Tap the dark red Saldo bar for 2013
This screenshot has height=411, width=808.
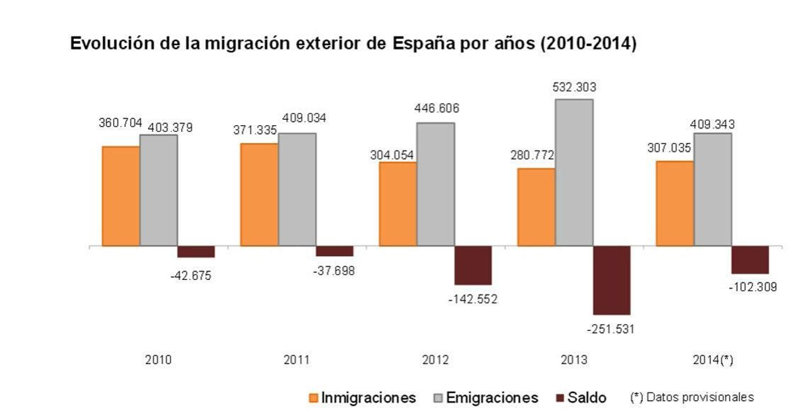pyautogui.click(x=612, y=280)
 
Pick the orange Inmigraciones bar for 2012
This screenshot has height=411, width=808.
pyautogui.click(x=397, y=204)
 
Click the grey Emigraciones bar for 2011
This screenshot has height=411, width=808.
pyautogui.click(x=297, y=189)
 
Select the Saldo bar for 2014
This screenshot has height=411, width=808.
pyautogui.click(x=750, y=260)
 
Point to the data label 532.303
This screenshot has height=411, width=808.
pyautogui.click(x=574, y=87)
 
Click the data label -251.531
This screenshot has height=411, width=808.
pyautogui.click(x=610, y=329)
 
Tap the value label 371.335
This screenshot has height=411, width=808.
pyautogui.click(x=255, y=130)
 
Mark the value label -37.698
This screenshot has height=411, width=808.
pyautogui.click(x=334, y=271)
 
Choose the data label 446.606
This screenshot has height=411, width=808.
pyautogui.click(x=436, y=108)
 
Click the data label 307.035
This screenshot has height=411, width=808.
pyautogui.click(x=669, y=148)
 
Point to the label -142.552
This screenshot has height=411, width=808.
pyautogui.click(x=473, y=299)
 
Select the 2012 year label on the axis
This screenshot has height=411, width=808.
pyautogui.click(x=435, y=360)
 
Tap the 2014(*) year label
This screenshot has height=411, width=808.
pyautogui.click(x=713, y=360)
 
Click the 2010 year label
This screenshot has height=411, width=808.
pyautogui.click(x=158, y=360)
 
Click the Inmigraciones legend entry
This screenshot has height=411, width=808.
pyautogui.click(x=368, y=398)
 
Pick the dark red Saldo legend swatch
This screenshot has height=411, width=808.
pyautogui.click(x=559, y=398)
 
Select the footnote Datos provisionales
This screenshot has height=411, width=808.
pyautogui.click(x=692, y=397)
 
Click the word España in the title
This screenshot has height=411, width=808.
pyautogui.click(x=424, y=44)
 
